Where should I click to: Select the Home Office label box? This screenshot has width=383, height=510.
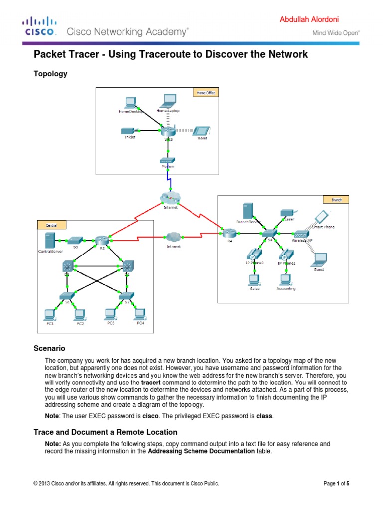205,92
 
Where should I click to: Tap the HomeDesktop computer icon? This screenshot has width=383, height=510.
131,103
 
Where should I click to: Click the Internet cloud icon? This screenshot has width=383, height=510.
170,198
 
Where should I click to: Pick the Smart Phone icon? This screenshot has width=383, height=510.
322,217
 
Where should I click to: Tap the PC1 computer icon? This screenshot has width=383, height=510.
49,314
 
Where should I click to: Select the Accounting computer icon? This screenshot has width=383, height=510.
285,279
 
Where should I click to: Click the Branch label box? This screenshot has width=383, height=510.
337,200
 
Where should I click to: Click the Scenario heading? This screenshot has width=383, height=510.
49,348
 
